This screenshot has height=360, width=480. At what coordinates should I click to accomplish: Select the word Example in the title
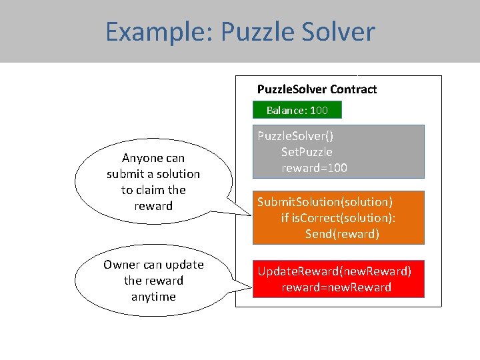(157, 32)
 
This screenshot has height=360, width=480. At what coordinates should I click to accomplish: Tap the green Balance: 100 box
(297, 110)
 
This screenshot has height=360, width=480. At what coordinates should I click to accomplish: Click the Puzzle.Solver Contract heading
(317, 89)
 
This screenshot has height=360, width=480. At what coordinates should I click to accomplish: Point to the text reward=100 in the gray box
(314, 168)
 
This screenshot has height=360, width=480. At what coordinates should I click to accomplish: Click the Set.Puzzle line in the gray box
(307, 152)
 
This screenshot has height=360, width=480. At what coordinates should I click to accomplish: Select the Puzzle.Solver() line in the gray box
(295, 136)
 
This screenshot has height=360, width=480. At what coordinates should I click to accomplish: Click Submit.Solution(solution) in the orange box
(325, 202)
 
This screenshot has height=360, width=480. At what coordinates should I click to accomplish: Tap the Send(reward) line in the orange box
(342, 234)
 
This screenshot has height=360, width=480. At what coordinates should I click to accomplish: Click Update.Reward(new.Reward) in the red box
(335, 271)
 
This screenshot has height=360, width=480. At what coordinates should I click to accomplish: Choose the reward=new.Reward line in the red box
(336, 287)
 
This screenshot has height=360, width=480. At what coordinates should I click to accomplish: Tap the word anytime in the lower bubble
(153, 297)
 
